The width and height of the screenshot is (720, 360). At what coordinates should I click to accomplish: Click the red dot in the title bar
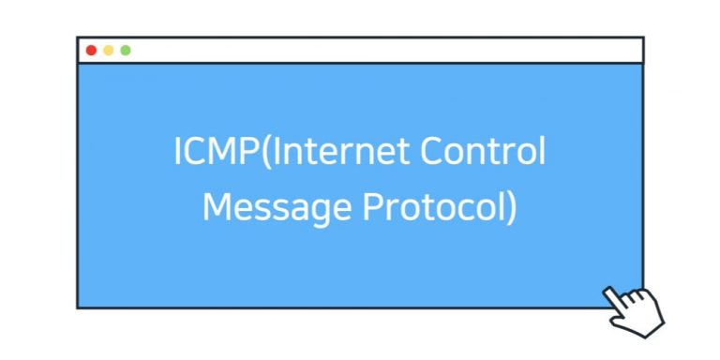(91, 51)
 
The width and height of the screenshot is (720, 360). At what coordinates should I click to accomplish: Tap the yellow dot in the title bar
(108, 51)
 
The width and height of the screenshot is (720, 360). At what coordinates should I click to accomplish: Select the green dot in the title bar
(126, 51)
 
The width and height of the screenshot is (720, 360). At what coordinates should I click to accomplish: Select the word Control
(483, 153)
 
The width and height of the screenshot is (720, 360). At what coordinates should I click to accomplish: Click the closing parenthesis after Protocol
(511, 207)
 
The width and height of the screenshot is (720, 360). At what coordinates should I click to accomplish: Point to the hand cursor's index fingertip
(608, 292)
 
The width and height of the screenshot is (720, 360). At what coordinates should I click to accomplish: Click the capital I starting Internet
(274, 153)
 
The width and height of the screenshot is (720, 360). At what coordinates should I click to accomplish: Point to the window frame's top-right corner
(643, 38)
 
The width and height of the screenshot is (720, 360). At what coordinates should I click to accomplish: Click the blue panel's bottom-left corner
(79, 306)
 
